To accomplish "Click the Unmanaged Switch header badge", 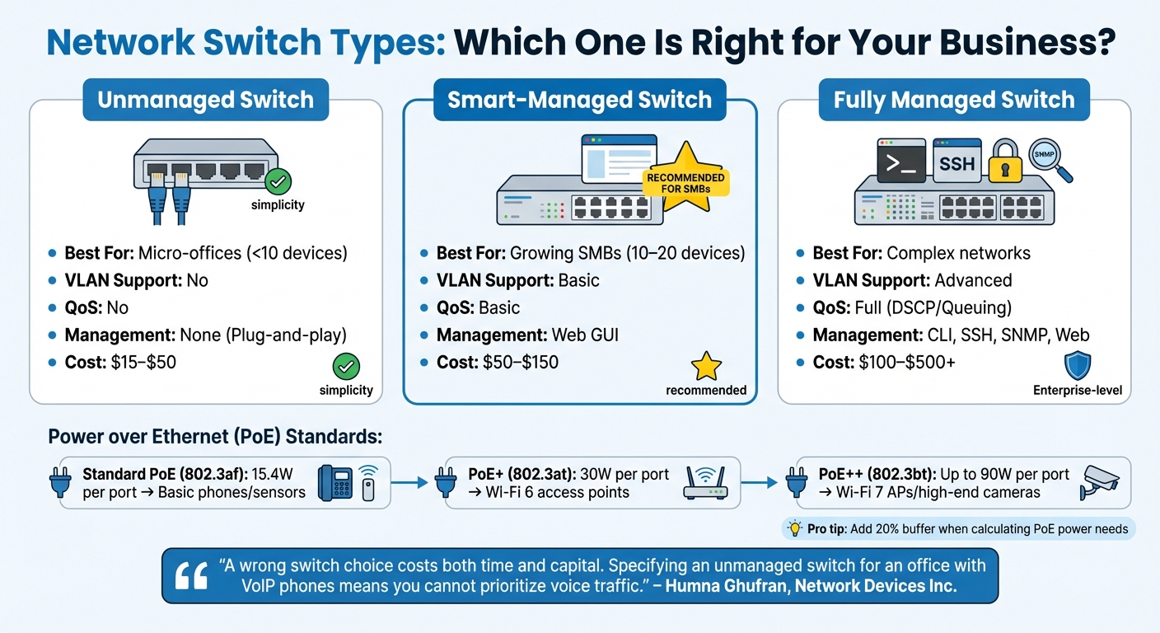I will pos(206,101).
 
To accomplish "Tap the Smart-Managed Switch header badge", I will pos(579,101).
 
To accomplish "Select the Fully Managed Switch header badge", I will pos(954,101).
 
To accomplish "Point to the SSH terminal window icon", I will pos(957,162).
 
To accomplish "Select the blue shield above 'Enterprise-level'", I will pos(1078,365).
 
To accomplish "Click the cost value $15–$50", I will pos(143,362).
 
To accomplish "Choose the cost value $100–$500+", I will pos(907,362).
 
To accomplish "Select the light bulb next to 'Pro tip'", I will pos(795,528).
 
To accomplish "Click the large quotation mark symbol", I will pos(191,576).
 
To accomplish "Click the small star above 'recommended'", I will pos(706,365).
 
